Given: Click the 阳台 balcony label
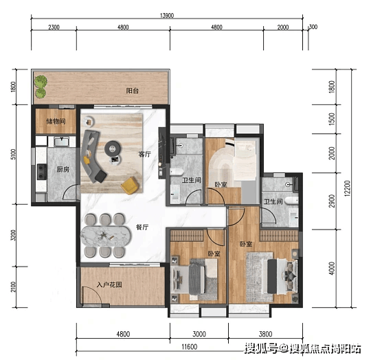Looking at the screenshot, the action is coord(133,91).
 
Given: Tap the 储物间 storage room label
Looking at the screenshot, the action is coord(56,122).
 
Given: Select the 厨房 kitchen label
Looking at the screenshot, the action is coord(63,170).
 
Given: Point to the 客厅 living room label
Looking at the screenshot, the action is coord(144,154).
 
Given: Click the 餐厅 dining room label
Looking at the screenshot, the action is coord(142,227).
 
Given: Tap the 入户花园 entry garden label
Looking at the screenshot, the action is coord(109,284).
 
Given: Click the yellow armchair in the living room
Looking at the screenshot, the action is coord(129,185).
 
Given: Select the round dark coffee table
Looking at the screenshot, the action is coord(113,149).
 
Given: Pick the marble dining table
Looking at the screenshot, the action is coord(106,236).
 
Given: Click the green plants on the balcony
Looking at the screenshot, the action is coord(41,87).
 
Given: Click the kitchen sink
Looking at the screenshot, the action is coord(62,142).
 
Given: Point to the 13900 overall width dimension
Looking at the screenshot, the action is coord(167,16).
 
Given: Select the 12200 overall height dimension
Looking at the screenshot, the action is coord(347,188).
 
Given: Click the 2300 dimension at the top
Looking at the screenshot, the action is coord(54,27).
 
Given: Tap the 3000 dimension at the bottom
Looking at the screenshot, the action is coord(199,334).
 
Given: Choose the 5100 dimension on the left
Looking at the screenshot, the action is coord(13,154).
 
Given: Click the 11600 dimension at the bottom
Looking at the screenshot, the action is coord(190,347).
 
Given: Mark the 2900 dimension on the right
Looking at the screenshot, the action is coord(333,201).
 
